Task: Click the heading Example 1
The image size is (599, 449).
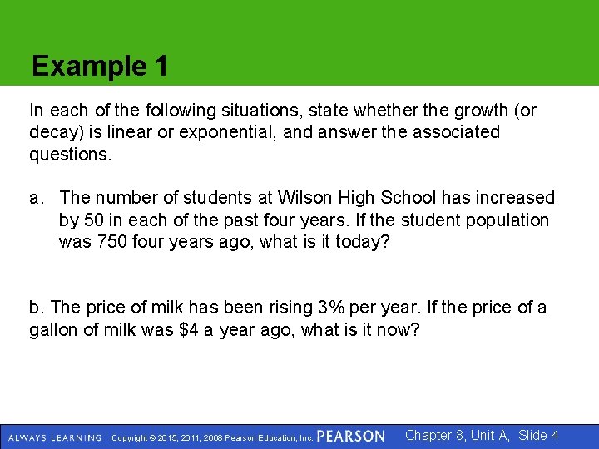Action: pos(99,66)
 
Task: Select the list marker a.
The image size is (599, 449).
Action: pos(36,198)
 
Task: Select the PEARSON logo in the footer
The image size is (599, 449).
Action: pos(350,437)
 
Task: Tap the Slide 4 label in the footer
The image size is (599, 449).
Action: pos(538,435)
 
